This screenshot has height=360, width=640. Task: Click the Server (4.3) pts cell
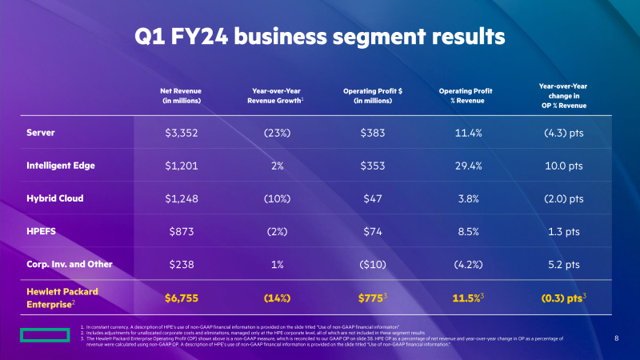pos(559,132)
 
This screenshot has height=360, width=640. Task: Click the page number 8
pos(617,338)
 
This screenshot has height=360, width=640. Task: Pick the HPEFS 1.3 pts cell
pos(559,230)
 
